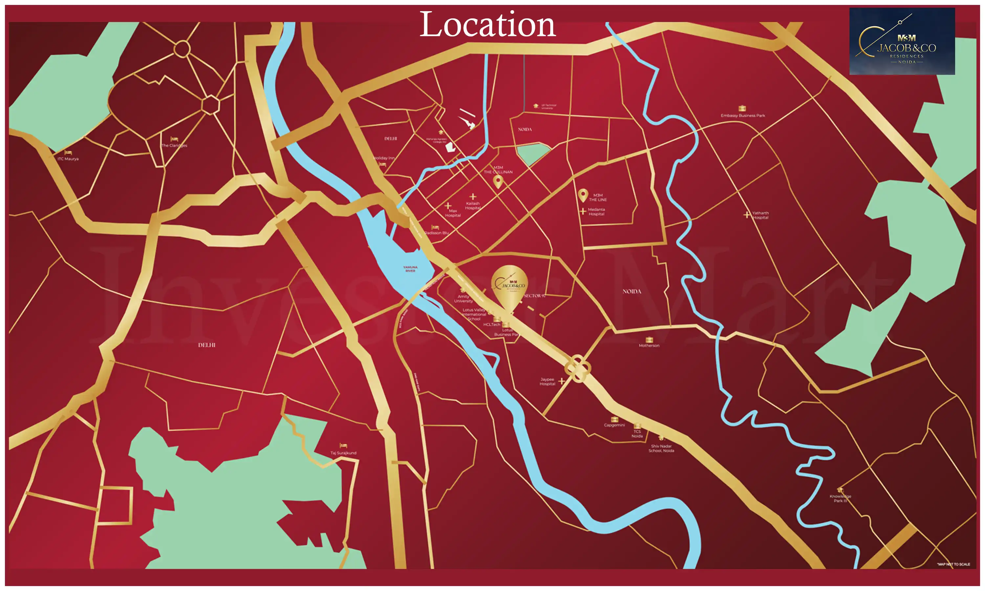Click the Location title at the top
tap(487, 25)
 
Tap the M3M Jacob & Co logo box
tap(902, 41)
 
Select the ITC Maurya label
tap(68, 159)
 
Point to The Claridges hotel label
tap(174, 145)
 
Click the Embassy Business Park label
tap(743, 116)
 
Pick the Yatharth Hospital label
tap(760, 215)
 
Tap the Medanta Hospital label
tap(596, 212)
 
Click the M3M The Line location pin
tap(583, 195)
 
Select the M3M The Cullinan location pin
tap(498, 182)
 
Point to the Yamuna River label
tap(410, 269)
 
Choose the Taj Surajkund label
tap(343, 453)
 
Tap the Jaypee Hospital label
tap(547, 382)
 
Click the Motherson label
tap(649, 346)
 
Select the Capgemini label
tap(614, 425)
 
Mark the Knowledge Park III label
tap(840, 499)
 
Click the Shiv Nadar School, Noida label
tap(661, 449)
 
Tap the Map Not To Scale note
tap(953, 564)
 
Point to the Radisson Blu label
tap(437, 232)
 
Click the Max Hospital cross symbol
tap(448, 206)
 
